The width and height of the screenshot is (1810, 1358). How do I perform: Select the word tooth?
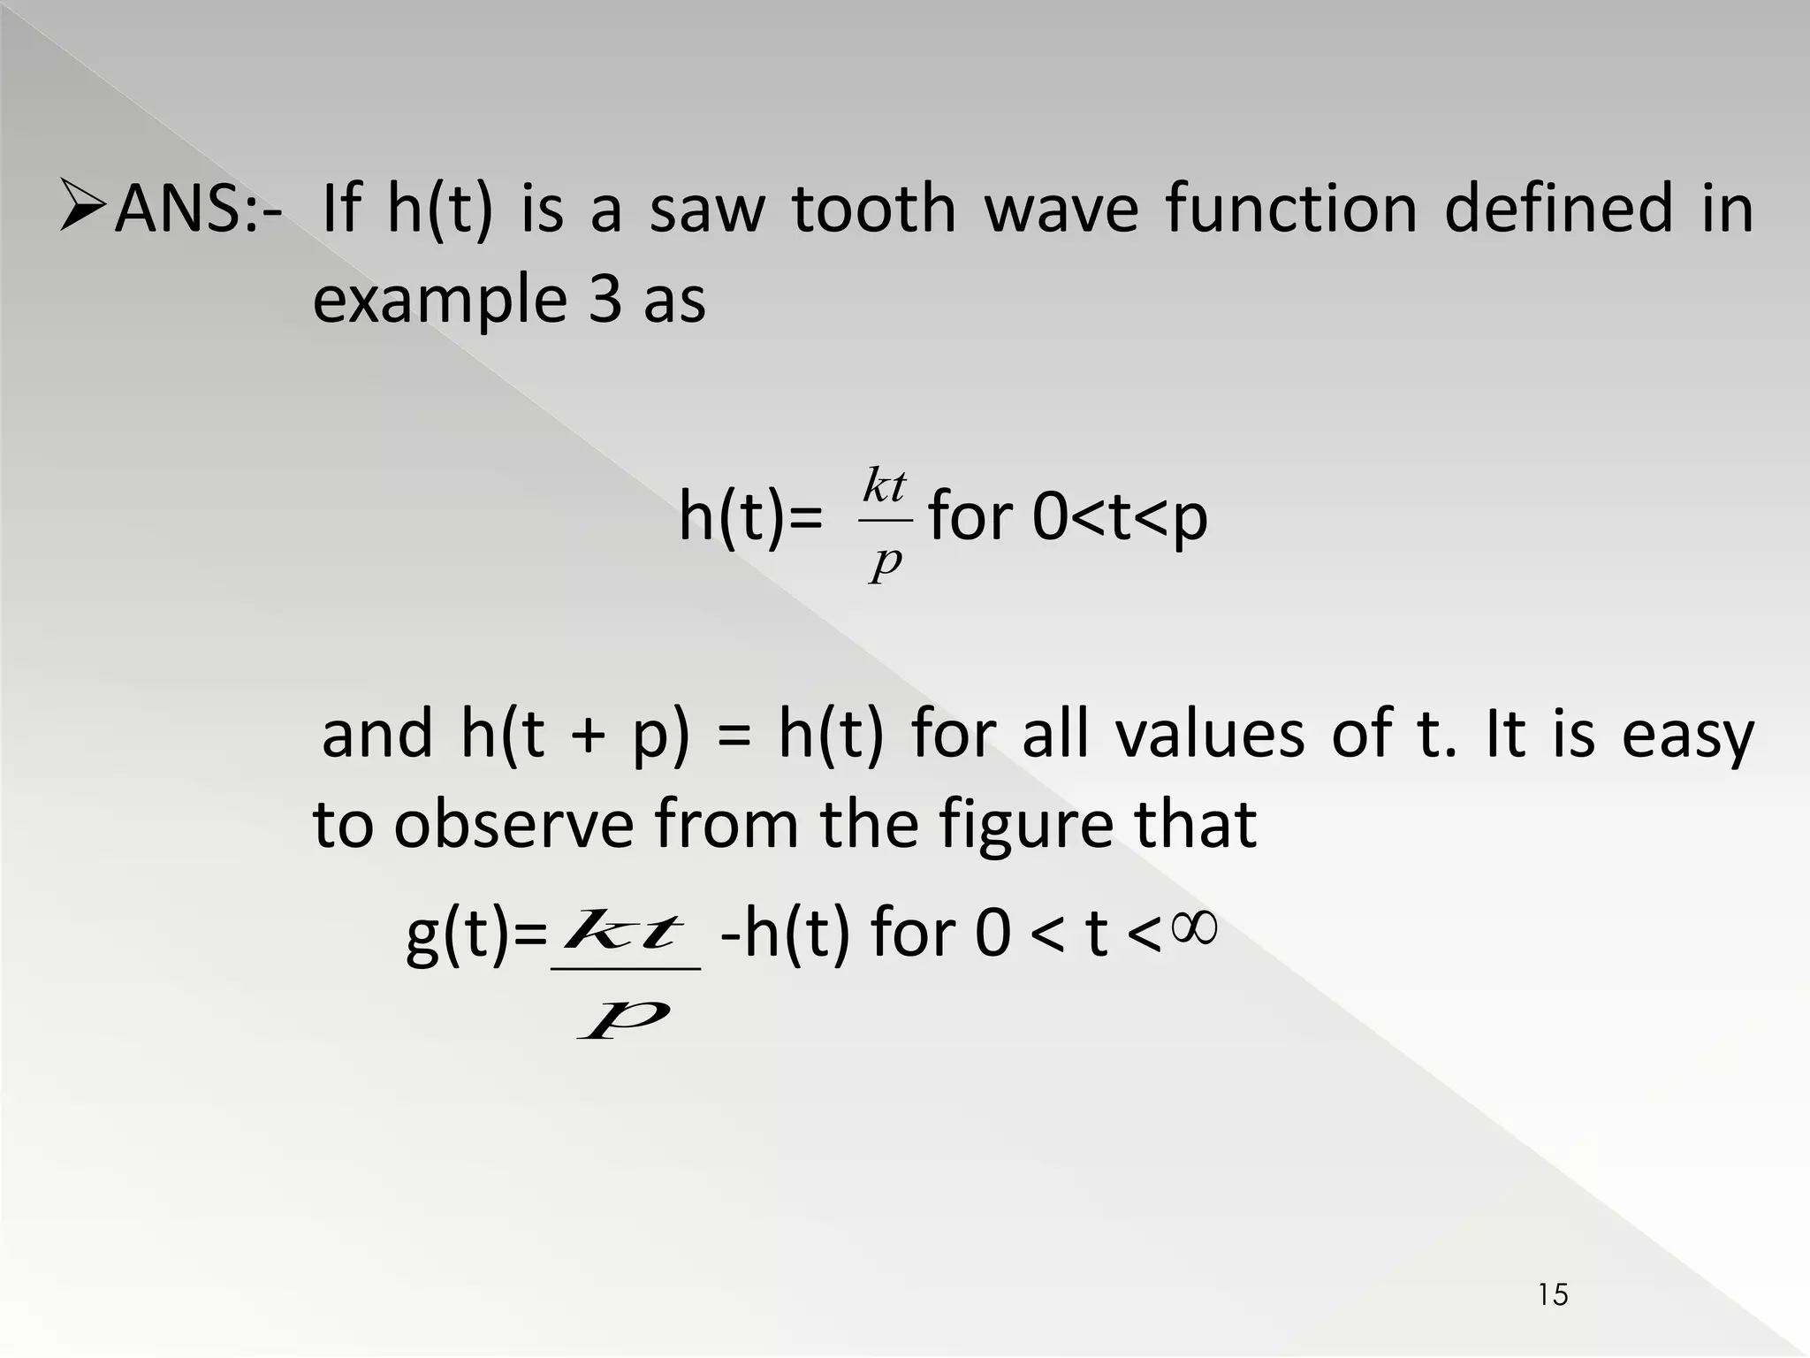coord(873,209)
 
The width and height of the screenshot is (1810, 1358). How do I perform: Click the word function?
coord(1291,209)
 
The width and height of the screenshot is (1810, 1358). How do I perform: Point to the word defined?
coord(1558,209)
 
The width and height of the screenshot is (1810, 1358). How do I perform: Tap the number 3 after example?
coord(605,300)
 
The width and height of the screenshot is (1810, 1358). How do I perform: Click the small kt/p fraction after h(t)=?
coord(885,525)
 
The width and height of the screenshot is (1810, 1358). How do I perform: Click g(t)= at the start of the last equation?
coord(476,934)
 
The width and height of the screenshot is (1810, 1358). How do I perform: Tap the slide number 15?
coord(1553,1295)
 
